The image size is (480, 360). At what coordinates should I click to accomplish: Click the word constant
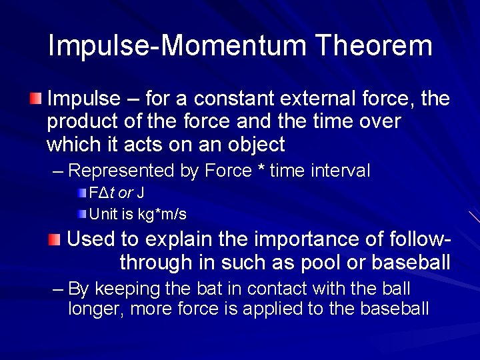(x=229, y=99)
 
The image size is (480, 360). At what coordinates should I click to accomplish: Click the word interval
(x=340, y=171)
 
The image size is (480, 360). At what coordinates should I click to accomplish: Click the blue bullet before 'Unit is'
(x=81, y=214)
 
